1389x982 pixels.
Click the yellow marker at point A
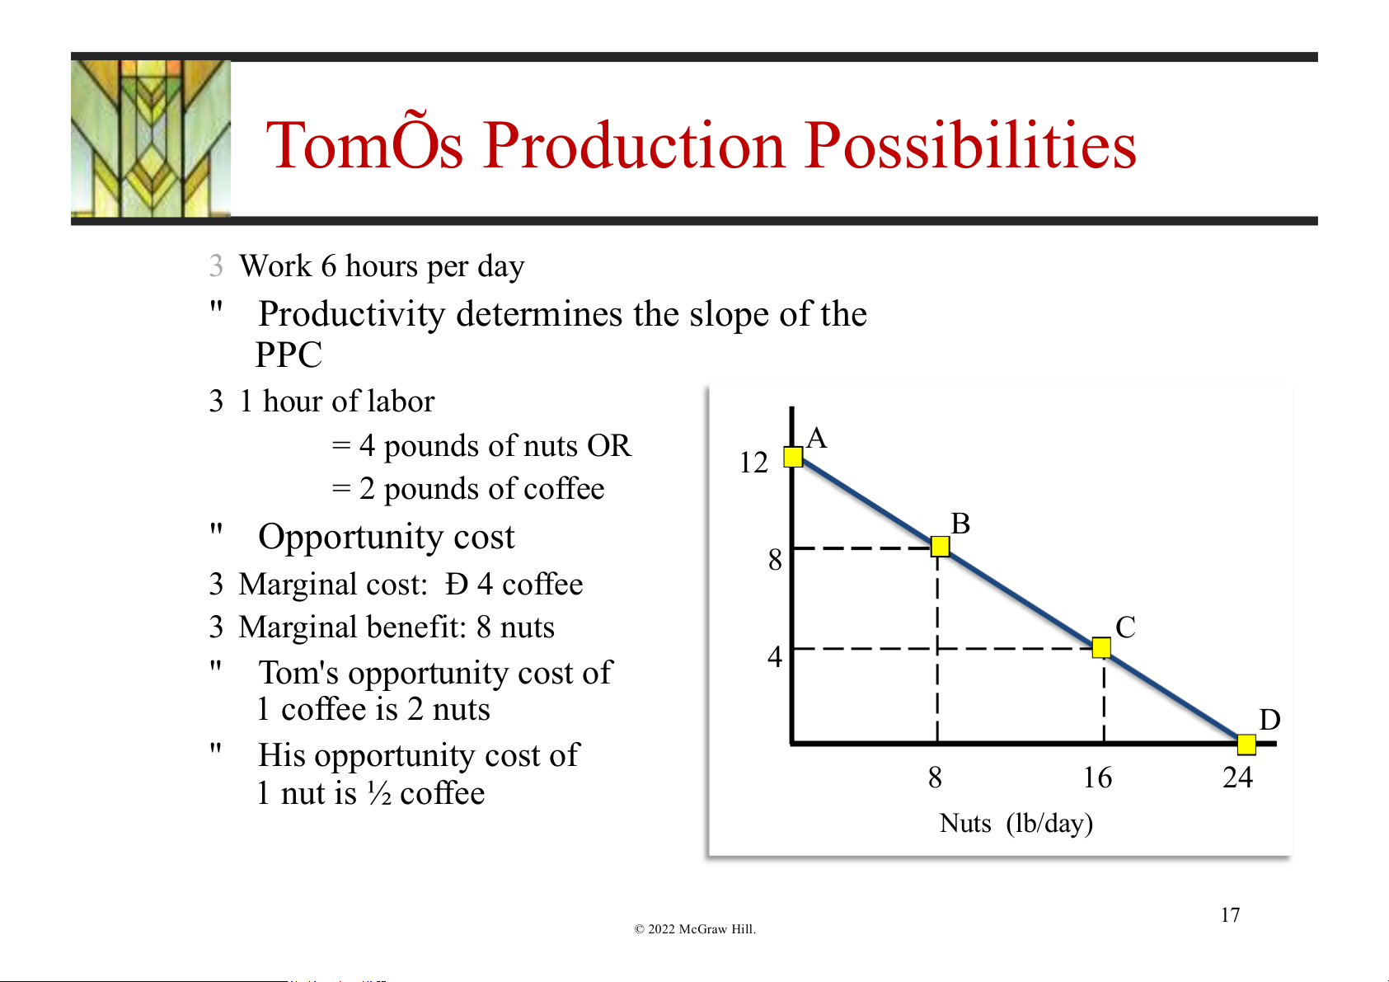click(793, 457)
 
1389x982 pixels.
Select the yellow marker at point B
click(940, 546)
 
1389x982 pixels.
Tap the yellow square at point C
click(1101, 647)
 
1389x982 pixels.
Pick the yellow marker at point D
click(1246, 745)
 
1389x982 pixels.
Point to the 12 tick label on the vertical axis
click(753, 463)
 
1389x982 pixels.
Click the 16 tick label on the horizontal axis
click(1097, 778)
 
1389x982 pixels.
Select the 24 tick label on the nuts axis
click(1237, 778)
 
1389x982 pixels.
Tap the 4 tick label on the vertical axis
click(775, 655)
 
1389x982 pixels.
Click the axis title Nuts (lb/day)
click(1016, 824)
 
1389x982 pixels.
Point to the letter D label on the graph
click(1269, 720)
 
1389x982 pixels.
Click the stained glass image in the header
click(151, 139)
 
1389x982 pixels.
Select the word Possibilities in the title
click(970, 145)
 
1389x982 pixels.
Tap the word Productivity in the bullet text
click(352, 313)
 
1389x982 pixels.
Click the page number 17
click(1230, 914)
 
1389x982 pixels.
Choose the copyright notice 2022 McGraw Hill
click(694, 928)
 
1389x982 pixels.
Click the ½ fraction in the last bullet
click(379, 793)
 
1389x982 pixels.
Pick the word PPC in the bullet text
click(289, 355)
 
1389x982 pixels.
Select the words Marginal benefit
click(352, 627)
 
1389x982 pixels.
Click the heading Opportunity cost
click(387, 537)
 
